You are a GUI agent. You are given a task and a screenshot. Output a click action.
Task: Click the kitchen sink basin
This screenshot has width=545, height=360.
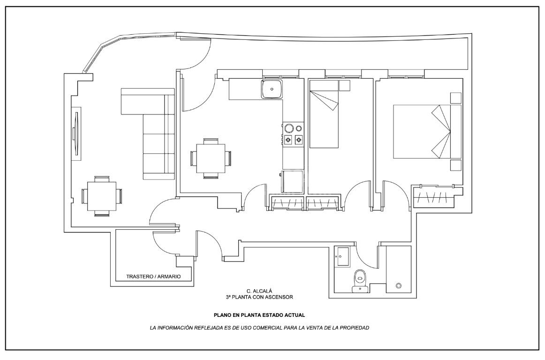(x=272, y=89)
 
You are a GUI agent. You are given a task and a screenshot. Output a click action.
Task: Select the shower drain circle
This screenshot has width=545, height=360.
(x=399, y=285)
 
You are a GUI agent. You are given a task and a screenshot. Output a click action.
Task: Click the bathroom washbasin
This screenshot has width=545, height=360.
(x=342, y=256)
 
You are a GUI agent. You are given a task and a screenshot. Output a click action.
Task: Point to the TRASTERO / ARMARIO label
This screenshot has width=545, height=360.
(x=153, y=277)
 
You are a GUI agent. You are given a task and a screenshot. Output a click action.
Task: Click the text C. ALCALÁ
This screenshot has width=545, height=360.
(x=259, y=291)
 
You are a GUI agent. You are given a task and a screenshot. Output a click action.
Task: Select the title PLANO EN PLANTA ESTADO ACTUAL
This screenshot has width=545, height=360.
(x=259, y=315)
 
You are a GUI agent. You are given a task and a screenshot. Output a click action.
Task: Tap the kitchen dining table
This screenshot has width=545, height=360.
(x=211, y=158)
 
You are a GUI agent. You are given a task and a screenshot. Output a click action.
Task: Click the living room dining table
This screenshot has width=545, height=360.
(x=102, y=195)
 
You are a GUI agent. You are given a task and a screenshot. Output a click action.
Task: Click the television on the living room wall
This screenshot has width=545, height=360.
(x=75, y=134)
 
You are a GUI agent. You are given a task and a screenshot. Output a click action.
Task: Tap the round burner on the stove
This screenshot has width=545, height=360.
(x=289, y=128)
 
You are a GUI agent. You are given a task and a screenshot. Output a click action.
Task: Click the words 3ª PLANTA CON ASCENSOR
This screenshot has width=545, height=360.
(x=259, y=297)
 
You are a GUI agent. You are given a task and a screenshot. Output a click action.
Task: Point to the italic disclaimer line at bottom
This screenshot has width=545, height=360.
(x=259, y=328)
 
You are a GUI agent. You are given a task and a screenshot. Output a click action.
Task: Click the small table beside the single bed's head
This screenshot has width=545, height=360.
(x=345, y=85)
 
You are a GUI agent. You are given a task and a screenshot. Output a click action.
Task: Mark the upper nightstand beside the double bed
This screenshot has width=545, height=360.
(x=455, y=98)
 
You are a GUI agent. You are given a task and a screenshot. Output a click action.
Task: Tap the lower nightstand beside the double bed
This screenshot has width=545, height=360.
(x=455, y=165)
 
